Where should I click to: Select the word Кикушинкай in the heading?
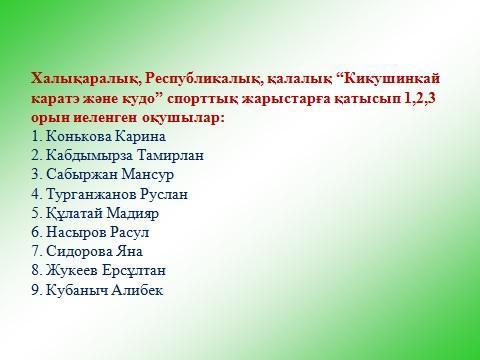point(385,78)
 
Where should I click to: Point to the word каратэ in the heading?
point(58,98)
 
